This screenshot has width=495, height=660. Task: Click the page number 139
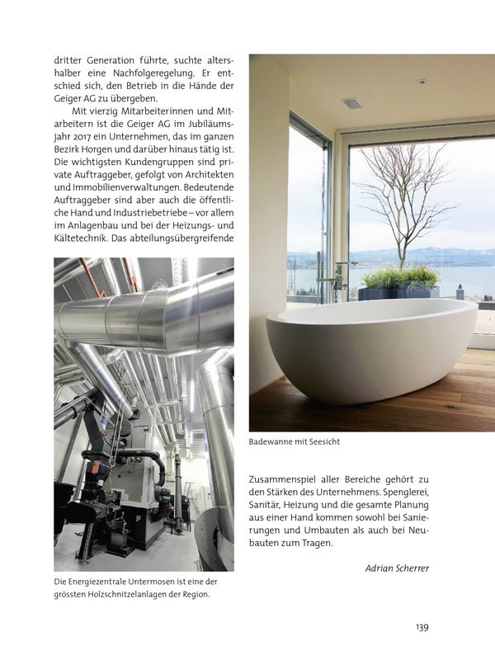(422, 627)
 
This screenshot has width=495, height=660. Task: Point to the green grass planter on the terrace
(400, 278)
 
